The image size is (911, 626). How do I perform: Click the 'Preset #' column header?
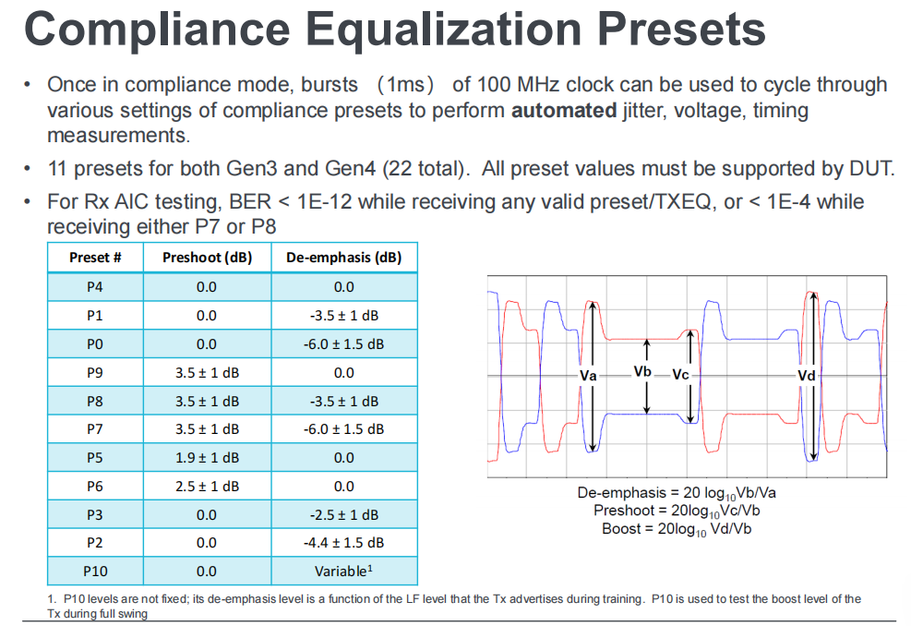tap(95, 258)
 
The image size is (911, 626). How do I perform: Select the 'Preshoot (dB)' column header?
tap(207, 258)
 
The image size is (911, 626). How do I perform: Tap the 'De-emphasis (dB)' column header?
tap(343, 258)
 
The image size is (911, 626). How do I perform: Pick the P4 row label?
tap(95, 287)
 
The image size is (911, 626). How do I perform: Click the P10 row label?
tap(95, 572)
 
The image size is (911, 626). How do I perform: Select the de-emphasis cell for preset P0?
tap(343, 343)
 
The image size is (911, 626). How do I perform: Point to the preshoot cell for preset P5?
tap(207, 458)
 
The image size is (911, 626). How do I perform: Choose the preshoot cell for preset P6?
tap(207, 486)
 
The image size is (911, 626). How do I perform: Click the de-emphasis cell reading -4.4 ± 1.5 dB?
tap(343, 543)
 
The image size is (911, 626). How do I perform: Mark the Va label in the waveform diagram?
tap(588, 377)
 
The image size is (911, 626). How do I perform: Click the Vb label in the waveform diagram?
tap(643, 371)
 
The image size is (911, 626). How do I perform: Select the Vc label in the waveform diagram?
tap(680, 376)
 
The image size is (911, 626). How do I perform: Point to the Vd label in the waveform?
tap(806, 377)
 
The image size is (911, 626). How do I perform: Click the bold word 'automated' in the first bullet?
tap(563, 111)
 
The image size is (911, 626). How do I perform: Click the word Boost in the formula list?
tap(621, 529)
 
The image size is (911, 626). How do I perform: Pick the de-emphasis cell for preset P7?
tap(343, 429)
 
